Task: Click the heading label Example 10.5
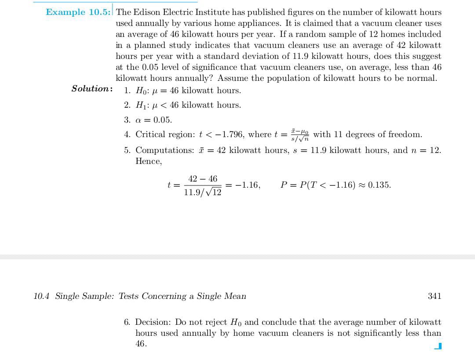78,12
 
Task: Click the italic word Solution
91,89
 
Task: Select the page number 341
434,296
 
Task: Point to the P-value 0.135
379,185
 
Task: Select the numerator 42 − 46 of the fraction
202,179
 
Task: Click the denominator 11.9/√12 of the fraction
202,192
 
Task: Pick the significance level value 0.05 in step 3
162,120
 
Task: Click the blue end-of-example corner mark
437,346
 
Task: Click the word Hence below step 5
148,161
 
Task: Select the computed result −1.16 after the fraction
248,185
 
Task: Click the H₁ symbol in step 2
142,105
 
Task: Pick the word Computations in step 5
164,150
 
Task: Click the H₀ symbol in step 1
142,91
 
